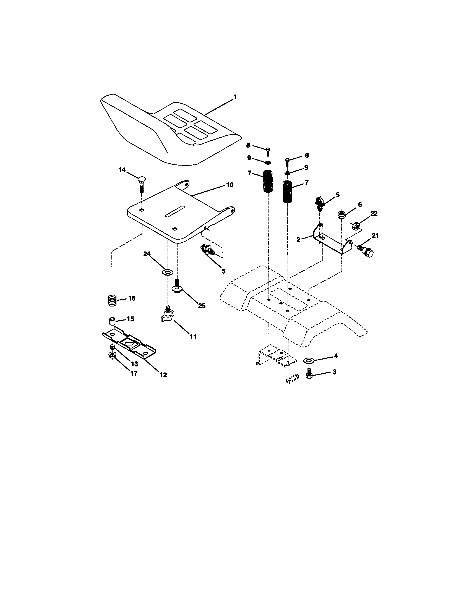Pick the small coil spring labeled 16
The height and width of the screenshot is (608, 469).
point(112,301)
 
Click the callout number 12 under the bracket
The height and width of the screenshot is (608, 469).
point(163,375)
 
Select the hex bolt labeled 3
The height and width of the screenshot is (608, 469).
point(309,375)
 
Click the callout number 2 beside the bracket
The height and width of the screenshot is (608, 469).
point(298,239)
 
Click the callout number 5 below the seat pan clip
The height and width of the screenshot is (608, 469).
point(223,271)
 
